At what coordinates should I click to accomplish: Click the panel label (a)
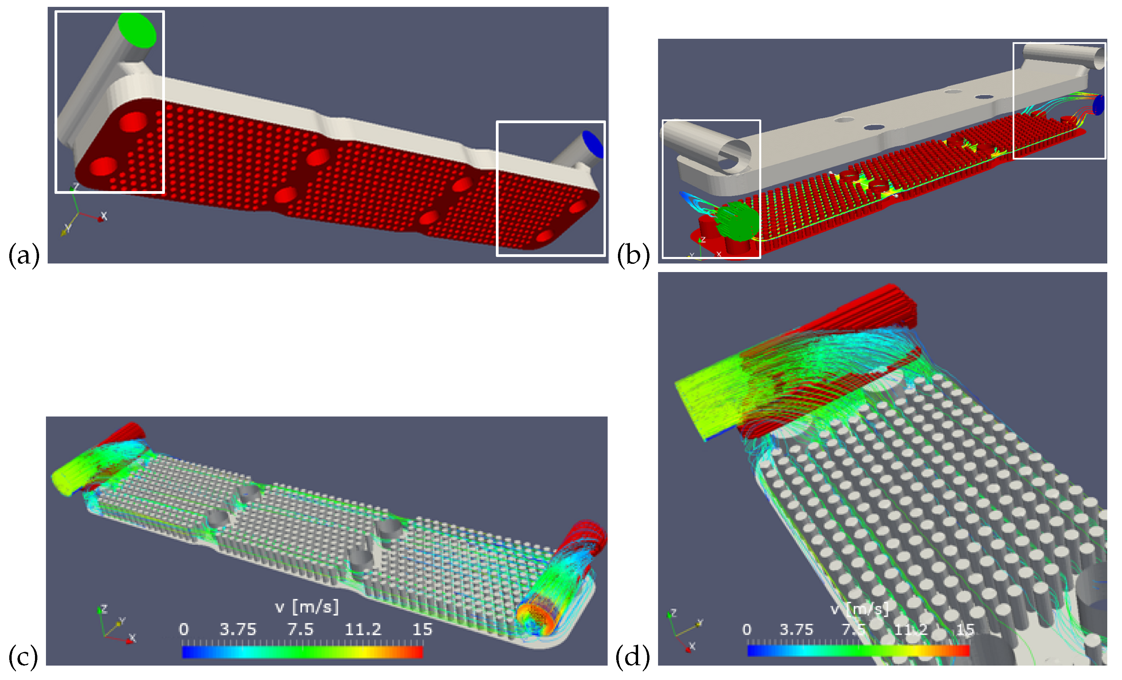(x=24, y=255)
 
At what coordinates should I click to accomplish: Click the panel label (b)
(x=633, y=255)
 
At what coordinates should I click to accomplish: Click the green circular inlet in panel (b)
(x=736, y=222)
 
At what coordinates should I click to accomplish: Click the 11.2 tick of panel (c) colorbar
(x=362, y=630)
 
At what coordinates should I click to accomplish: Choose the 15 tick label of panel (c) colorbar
(x=422, y=630)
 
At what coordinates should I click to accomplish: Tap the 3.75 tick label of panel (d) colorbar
(x=796, y=630)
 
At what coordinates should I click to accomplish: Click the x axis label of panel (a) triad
(x=104, y=216)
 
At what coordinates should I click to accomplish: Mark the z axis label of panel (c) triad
(x=104, y=609)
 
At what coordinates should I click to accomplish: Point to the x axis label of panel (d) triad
(x=692, y=645)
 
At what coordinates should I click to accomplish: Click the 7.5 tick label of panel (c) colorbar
(x=300, y=630)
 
